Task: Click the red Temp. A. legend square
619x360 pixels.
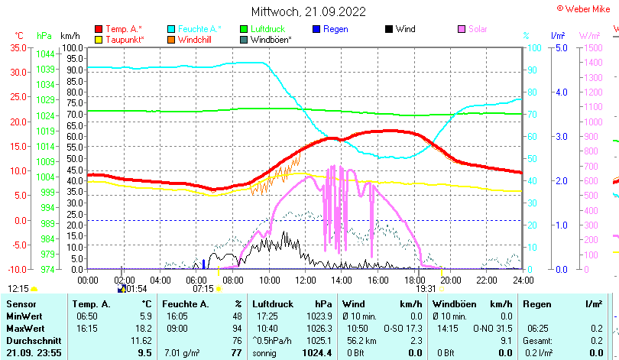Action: [99, 29]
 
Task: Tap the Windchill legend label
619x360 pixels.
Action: [196, 39]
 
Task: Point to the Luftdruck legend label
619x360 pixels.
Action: [268, 29]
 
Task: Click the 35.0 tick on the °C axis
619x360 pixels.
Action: [18, 47]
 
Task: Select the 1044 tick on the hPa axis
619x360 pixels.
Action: [44, 54]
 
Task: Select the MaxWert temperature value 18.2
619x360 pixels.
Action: [143, 328]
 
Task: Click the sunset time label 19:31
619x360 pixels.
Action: [426, 289]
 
